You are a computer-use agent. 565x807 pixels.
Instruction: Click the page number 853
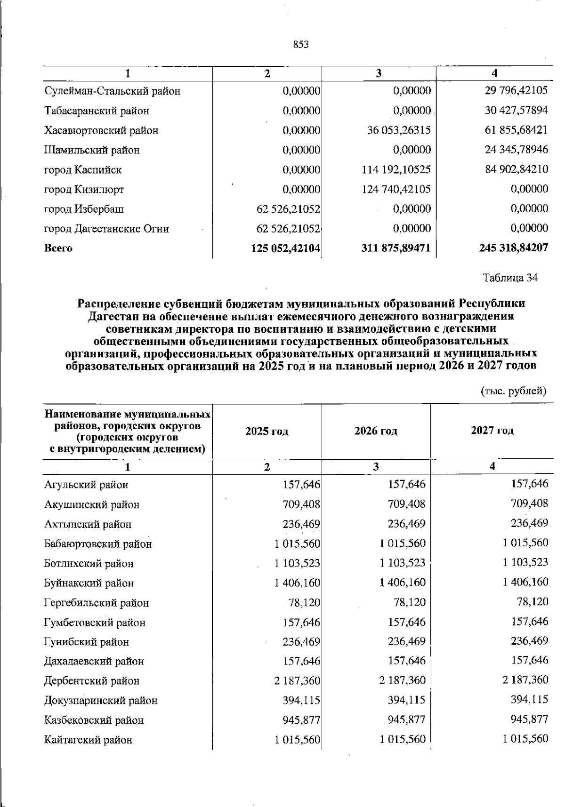300,45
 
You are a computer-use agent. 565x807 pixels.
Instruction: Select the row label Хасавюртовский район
101,130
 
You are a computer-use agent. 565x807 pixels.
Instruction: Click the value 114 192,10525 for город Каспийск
395,169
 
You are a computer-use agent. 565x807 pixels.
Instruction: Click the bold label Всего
58,248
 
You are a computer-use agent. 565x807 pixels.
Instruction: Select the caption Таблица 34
510,278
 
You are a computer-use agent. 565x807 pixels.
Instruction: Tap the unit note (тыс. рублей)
513,390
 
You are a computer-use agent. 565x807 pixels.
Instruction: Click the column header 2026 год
375,431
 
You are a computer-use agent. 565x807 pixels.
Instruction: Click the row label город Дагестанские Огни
106,229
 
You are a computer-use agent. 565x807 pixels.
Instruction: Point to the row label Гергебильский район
97,603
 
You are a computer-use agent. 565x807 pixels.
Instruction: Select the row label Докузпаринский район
101,700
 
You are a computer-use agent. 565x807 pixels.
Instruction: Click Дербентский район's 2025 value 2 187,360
297,680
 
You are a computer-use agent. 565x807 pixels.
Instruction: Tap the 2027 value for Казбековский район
529,719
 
